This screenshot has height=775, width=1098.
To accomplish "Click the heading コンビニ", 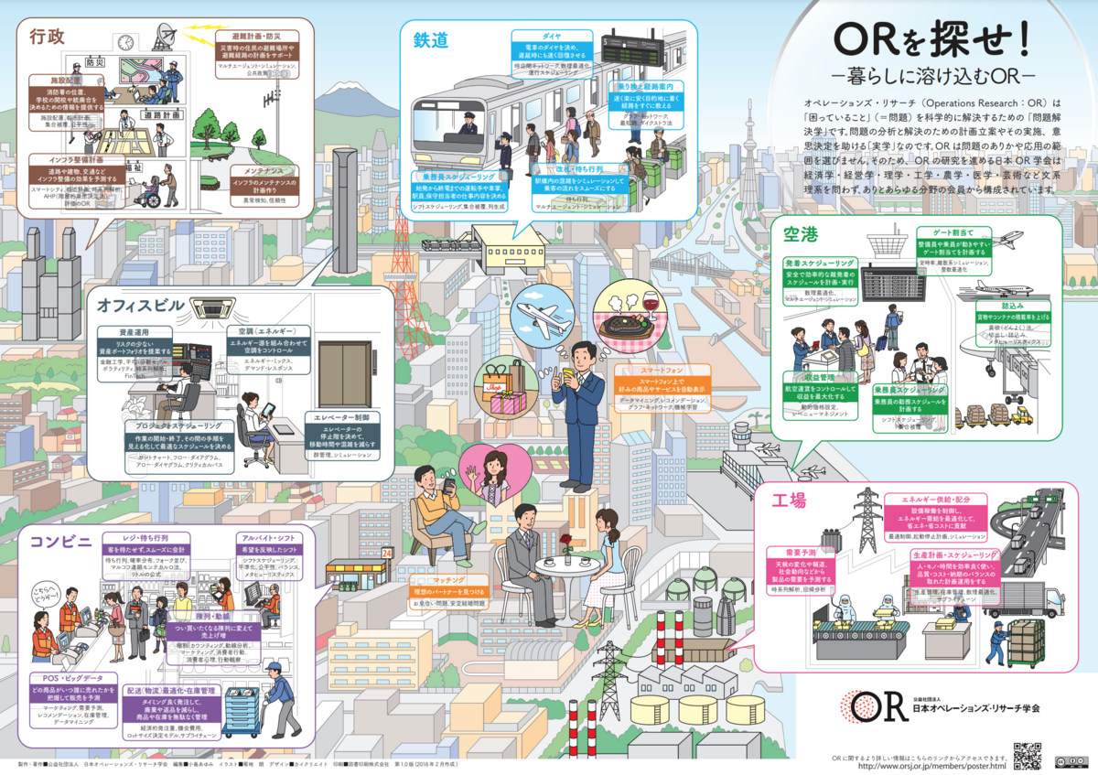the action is [x=61, y=541].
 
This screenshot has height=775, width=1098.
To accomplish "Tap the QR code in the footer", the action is [x=1026, y=756].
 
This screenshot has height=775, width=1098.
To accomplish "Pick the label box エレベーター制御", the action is [x=341, y=417].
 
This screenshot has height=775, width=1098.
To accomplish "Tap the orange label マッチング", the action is [x=447, y=580].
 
